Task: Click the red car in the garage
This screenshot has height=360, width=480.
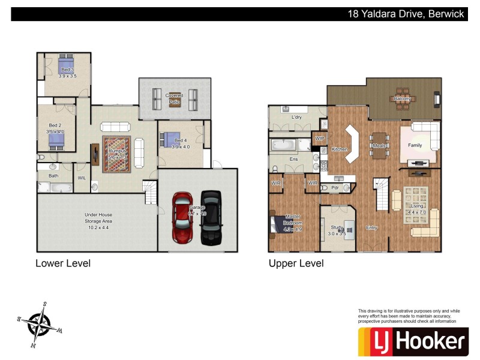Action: pyautogui.click(x=182, y=217)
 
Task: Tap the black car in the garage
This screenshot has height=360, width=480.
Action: pyautogui.click(x=211, y=217)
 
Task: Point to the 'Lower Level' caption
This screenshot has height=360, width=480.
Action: pyautogui.click(x=63, y=263)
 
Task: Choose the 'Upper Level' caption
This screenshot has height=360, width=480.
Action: pyautogui.click(x=296, y=263)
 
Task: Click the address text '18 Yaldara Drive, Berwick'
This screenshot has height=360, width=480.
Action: pyautogui.click(x=406, y=14)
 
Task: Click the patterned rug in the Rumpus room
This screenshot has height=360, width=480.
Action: pyautogui.click(x=116, y=151)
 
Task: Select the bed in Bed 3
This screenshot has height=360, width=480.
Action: pyautogui.click(x=66, y=62)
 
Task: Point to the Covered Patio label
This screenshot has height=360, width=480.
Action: pyautogui.click(x=174, y=98)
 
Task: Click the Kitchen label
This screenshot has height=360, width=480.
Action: pyautogui.click(x=340, y=149)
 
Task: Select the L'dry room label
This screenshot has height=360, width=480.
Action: pyautogui.click(x=296, y=117)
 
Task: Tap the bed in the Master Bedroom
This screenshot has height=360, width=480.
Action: pyautogui.click(x=282, y=223)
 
